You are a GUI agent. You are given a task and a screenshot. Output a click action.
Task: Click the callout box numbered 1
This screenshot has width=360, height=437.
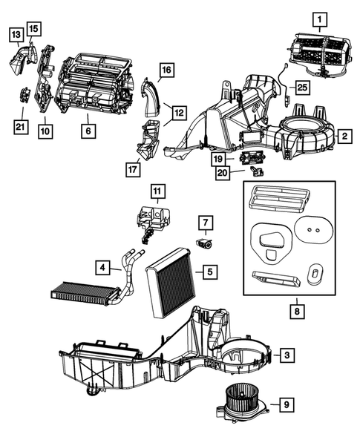(x=319, y=18)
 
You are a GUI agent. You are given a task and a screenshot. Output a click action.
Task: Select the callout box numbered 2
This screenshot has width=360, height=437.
(x=344, y=136)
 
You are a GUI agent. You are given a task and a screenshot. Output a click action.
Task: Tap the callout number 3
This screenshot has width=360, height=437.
(x=287, y=356)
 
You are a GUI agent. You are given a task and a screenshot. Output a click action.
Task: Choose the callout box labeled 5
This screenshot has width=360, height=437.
(x=210, y=272)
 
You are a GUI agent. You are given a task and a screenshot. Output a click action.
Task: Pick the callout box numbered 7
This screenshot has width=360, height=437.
(x=205, y=221)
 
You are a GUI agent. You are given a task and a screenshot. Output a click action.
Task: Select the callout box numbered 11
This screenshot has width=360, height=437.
(x=157, y=191)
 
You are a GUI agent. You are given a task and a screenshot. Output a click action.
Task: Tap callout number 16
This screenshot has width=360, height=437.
(x=166, y=70)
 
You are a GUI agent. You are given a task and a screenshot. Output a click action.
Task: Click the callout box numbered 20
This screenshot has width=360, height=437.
(x=221, y=172)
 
